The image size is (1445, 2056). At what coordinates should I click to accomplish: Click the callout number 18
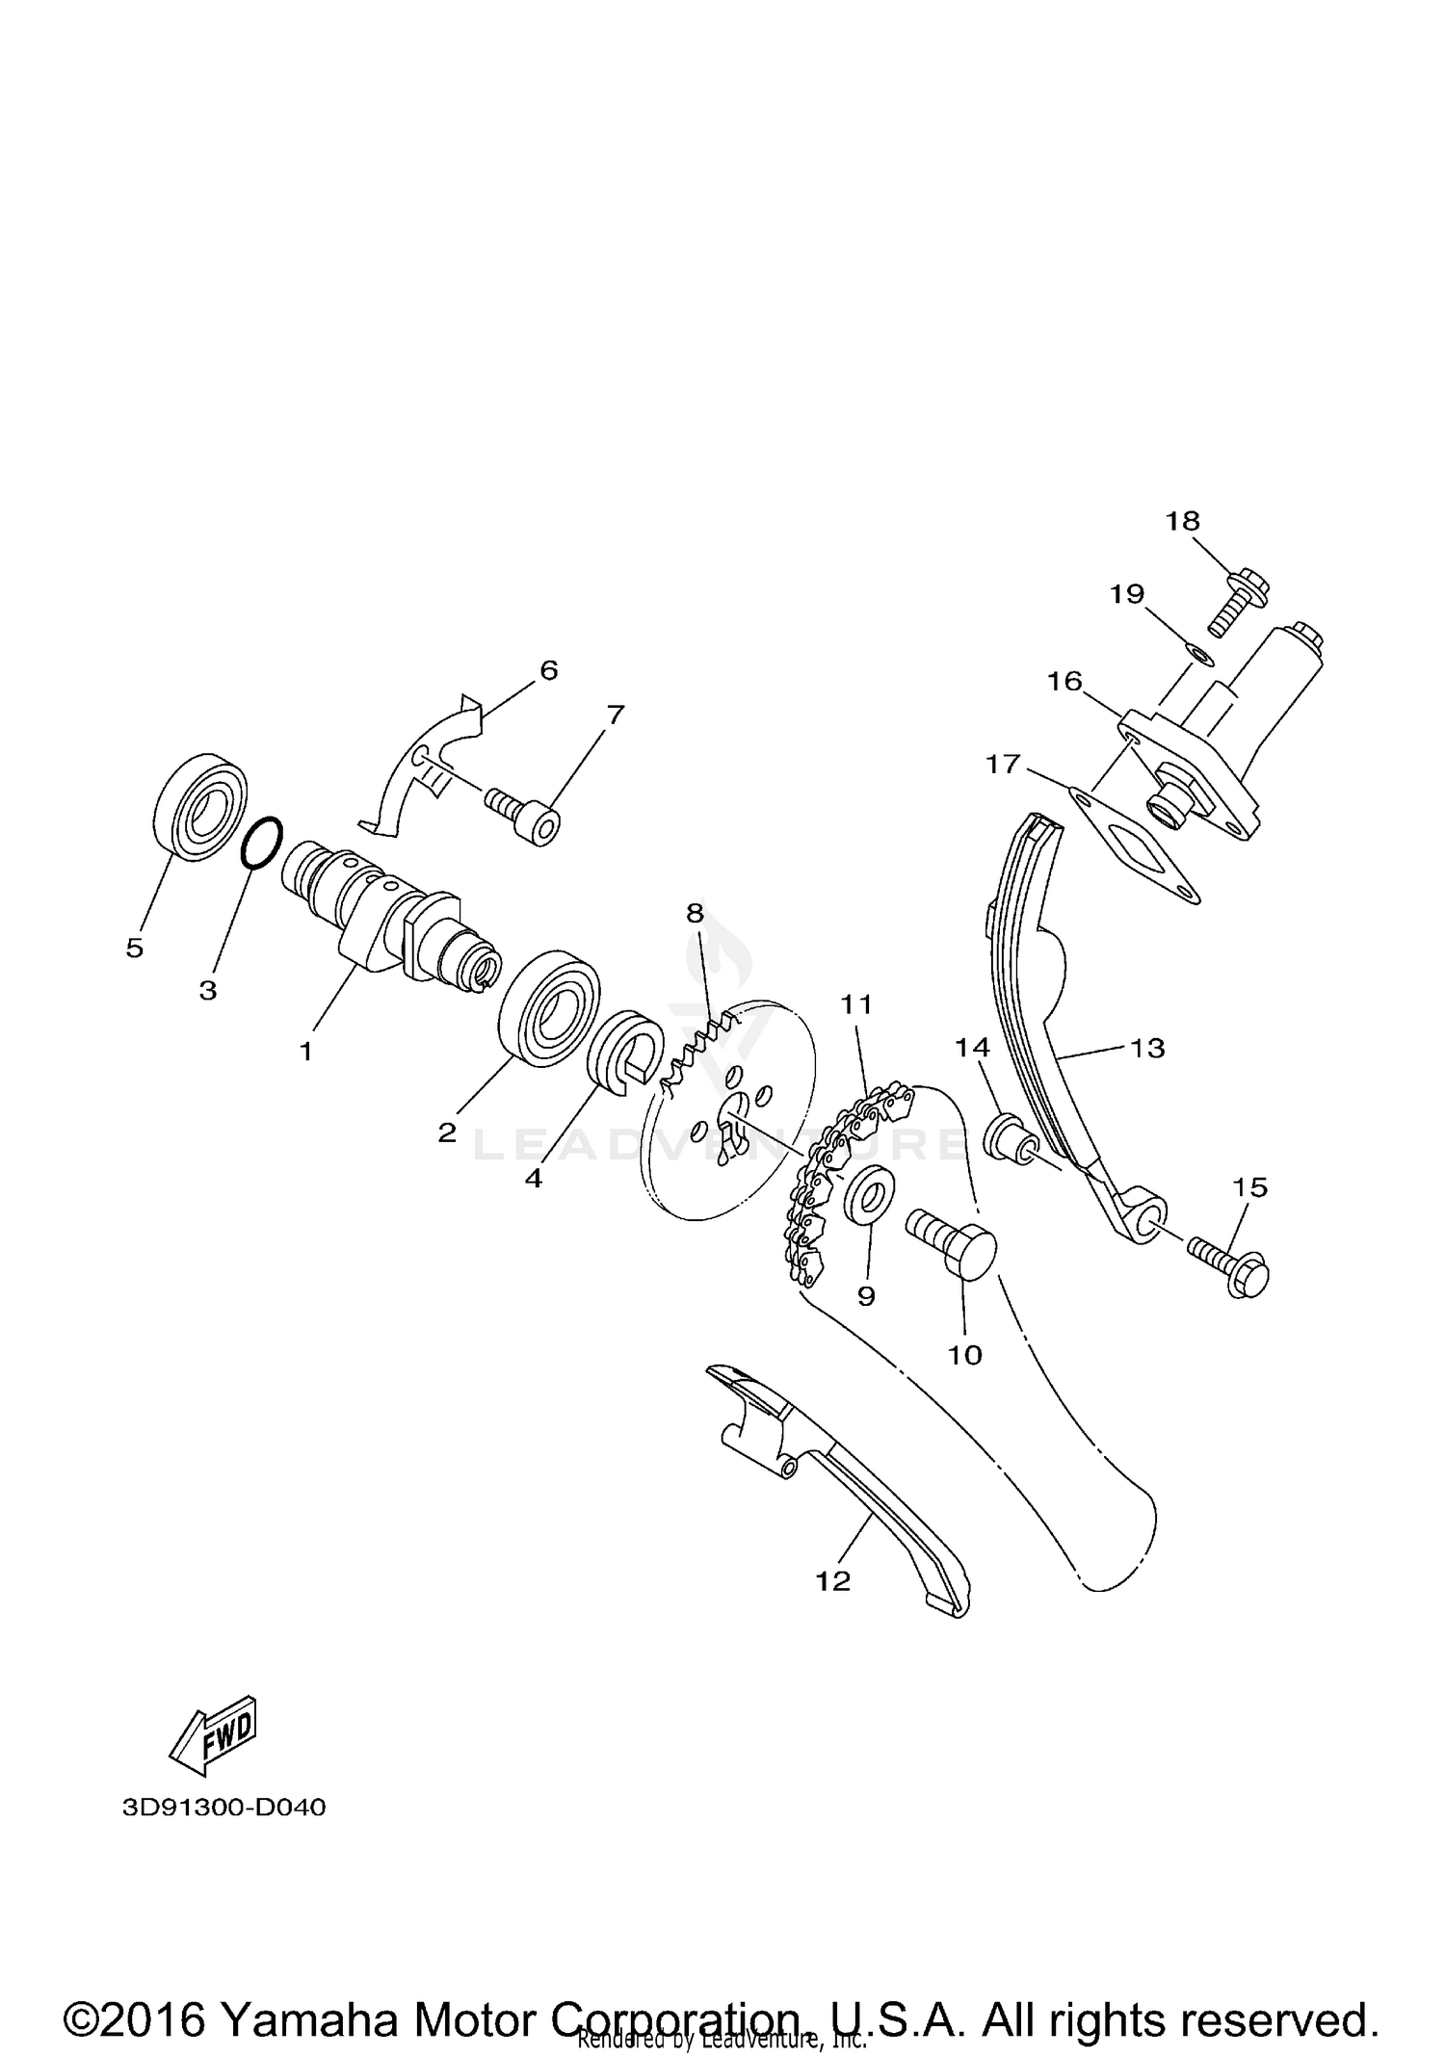(x=1182, y=521)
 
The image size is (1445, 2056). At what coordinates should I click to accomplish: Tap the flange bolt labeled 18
(x=1237, y=601)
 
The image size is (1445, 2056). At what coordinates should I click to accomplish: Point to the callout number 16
(x=1064, y=682)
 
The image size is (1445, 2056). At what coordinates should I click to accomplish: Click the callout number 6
(x=548, y=670)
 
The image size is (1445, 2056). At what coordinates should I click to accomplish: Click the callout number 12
(x=833, y=1581)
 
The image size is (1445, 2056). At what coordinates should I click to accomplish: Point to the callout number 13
(x=1147, y=1048)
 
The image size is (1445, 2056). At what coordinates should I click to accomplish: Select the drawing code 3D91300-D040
(x=223, y=1808)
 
